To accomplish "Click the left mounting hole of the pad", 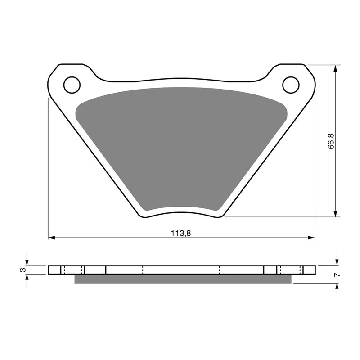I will pos(72,85).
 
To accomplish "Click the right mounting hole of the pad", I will pos(291,85).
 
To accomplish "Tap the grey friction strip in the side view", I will pos(182,279).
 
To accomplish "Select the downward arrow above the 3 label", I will pos(27,262).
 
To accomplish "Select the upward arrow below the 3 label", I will pos(27,278).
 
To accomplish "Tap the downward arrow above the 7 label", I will pos(337,262).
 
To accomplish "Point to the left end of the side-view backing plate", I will pos(49,270).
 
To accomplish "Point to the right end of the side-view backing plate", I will pos(315,270).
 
